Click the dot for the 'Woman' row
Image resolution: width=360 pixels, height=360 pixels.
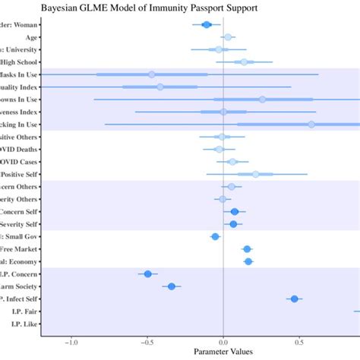207,25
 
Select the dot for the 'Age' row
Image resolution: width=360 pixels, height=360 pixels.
227,37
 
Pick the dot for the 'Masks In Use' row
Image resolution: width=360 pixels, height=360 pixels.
152,74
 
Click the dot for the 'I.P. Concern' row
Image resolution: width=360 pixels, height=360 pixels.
148,273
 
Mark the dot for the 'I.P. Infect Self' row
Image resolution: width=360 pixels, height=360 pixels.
294,298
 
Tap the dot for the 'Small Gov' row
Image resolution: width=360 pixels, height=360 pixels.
215,236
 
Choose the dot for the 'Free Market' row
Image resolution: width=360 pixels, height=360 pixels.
247,249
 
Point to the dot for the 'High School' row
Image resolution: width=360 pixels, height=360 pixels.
243,62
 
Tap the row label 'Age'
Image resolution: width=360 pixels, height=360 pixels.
33,37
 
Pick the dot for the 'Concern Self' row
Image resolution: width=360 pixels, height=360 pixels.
235,211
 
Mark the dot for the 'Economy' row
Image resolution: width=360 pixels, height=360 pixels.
248,261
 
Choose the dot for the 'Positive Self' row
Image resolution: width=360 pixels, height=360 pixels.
255,174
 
